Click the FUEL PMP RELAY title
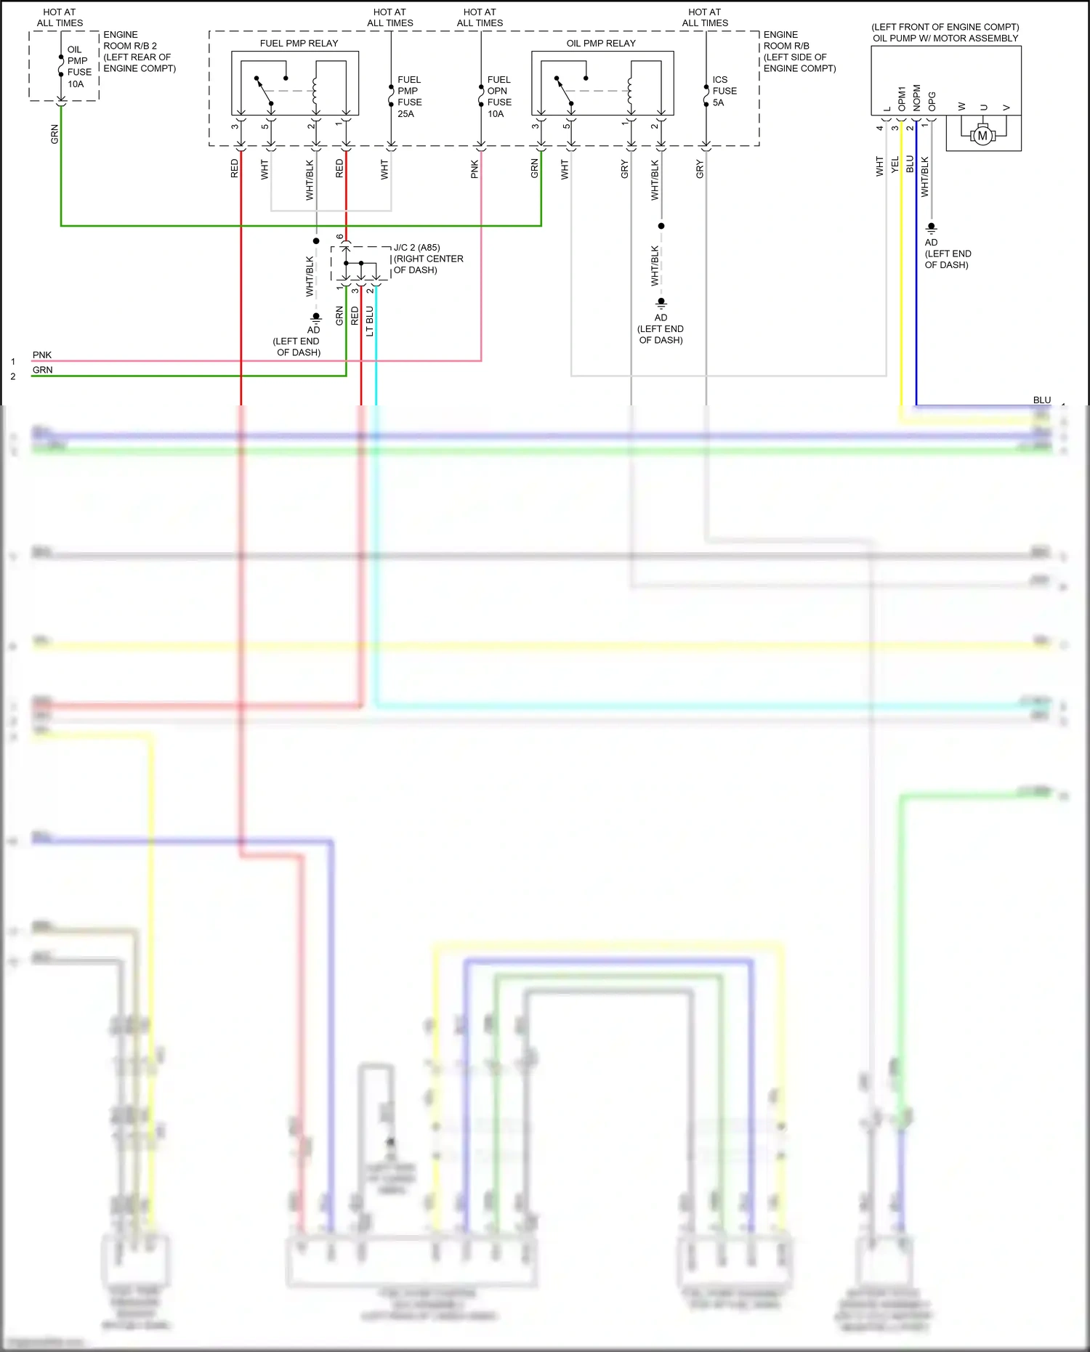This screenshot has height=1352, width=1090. tap(299, 44)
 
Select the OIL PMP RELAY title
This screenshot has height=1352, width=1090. tap(600, 44)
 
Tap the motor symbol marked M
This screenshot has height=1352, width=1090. tap(982, 136)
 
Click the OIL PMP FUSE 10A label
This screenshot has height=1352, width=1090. tap(78, 67)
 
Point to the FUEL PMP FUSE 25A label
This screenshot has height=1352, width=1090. tap(409, 97)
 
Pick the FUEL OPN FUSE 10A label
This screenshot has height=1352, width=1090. tap(498, 97)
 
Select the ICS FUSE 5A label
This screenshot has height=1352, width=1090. tap(724, 91)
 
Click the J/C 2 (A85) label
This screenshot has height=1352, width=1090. tap(417, 248)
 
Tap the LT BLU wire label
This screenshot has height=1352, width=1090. tap(370, 321)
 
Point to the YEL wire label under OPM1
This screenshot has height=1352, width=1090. tap(895, 165)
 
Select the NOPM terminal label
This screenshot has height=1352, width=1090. tap(917, 99)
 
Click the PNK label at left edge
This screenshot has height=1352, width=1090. tap(42, 355)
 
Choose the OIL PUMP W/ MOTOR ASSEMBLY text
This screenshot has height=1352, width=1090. tap(945, 39)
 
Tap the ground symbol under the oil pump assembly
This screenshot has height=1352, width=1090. tap(931, 228)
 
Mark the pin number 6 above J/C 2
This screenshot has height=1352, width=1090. tap(340, 237)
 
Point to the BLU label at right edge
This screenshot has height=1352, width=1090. tap(1041, 400)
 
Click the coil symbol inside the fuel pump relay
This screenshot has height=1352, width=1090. tap(315, 91)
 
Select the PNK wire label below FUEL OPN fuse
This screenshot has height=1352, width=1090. tap(475, 169)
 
